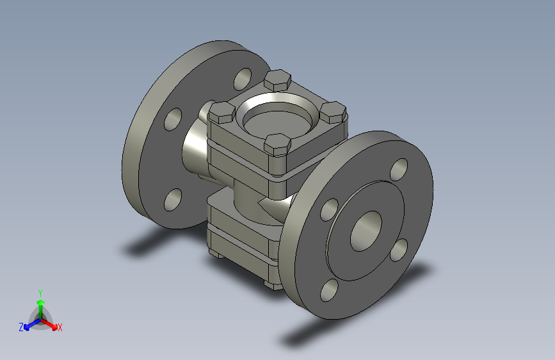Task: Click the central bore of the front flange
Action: pos(366,231)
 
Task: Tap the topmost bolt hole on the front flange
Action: pos(399,170)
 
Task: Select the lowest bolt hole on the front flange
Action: pos(329,290)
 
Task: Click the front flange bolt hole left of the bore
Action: pos(329,209)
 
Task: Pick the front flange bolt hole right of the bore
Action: pos(399,250)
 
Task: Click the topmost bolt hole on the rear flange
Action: pos(243,79)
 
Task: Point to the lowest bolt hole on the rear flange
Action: pos(173,200)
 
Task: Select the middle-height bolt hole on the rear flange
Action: pos(173,119)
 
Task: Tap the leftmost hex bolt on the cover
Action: pos(222,112)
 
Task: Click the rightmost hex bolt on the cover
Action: pos(333,112)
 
